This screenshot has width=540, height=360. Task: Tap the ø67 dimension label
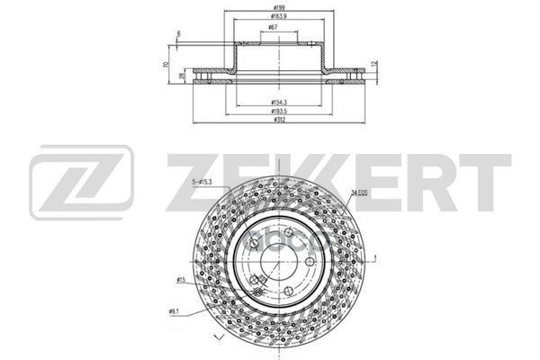(x=271, y=29)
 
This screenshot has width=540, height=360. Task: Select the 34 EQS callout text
(x=359, y=192)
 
